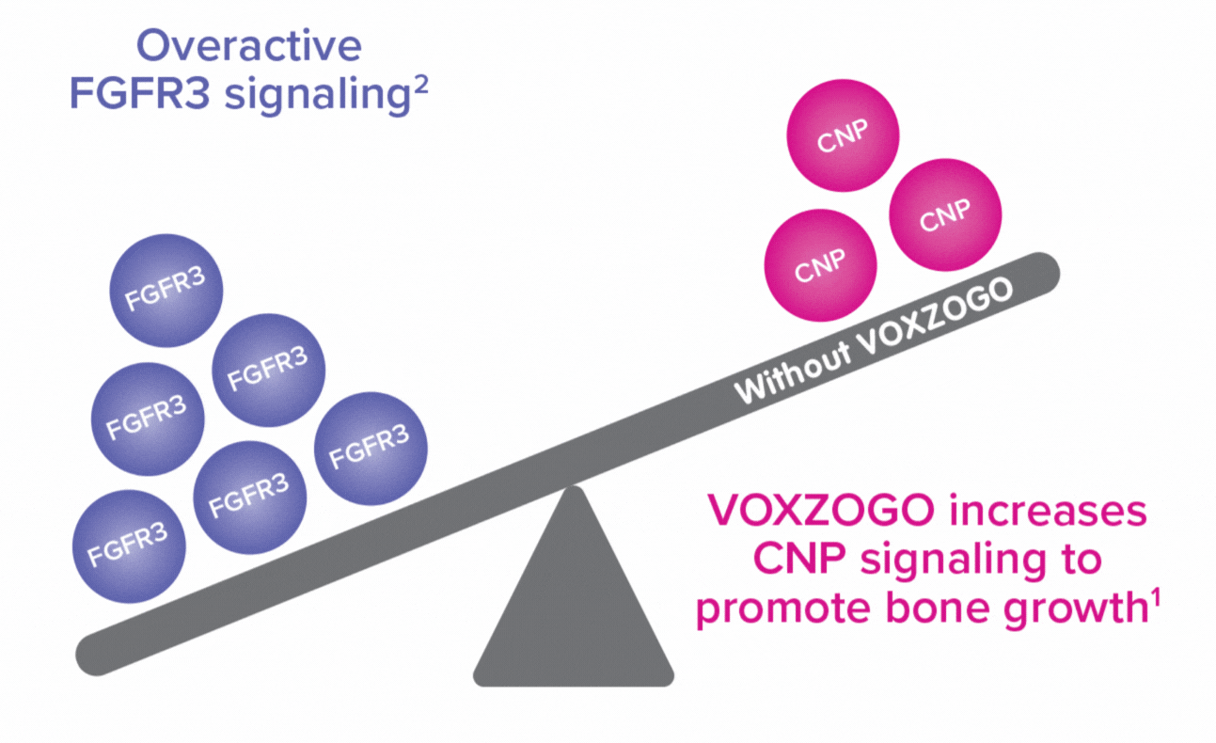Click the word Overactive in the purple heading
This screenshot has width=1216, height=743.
pyautogui.click(x=249, y=45)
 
